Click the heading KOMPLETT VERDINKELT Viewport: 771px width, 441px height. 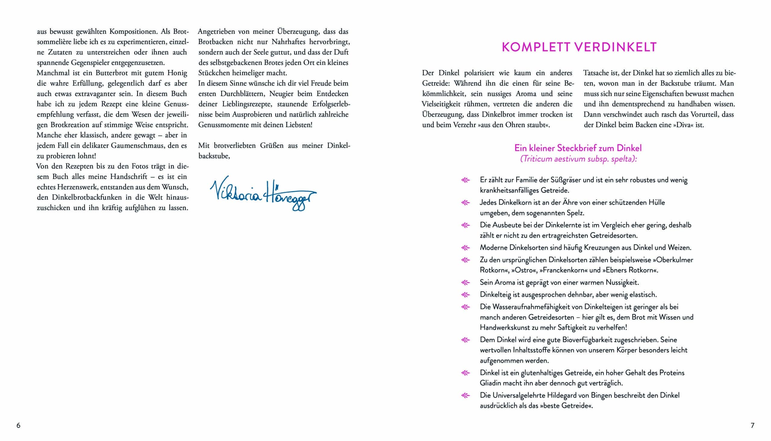pyautogui.click(x=579, y=47)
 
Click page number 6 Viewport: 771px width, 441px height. pyautogui.click(x=18, y=425)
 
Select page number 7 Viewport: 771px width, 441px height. pyautogui.click(x=753, y=425)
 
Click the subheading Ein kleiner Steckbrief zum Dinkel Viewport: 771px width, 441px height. pyautogui.click(x=578, y=148)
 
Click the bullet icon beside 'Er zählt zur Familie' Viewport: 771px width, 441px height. pyautogui.click(x=465, y=180)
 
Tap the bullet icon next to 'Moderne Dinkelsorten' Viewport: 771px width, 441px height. pyautogui.click(x=465, y=248)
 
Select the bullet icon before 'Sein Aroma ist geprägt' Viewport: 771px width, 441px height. pyautogui.click(x=465, y=282)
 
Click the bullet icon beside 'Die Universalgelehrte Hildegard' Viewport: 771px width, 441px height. pyautogui.click(x=465, y=395)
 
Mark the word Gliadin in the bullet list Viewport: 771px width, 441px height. pyautogui.click(x=491, y=383)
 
